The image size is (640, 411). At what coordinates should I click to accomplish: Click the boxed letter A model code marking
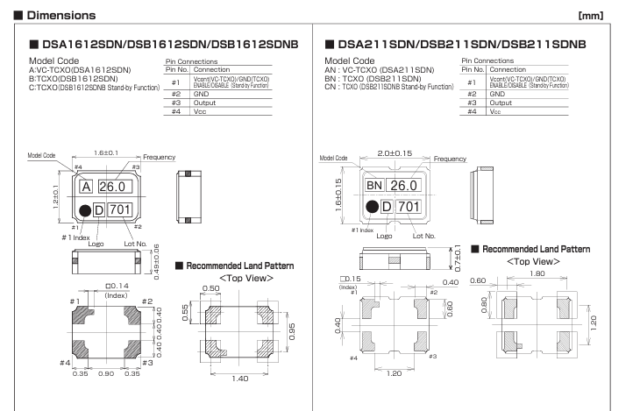coord(87,187)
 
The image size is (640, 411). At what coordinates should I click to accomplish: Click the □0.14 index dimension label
coord(114,287)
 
